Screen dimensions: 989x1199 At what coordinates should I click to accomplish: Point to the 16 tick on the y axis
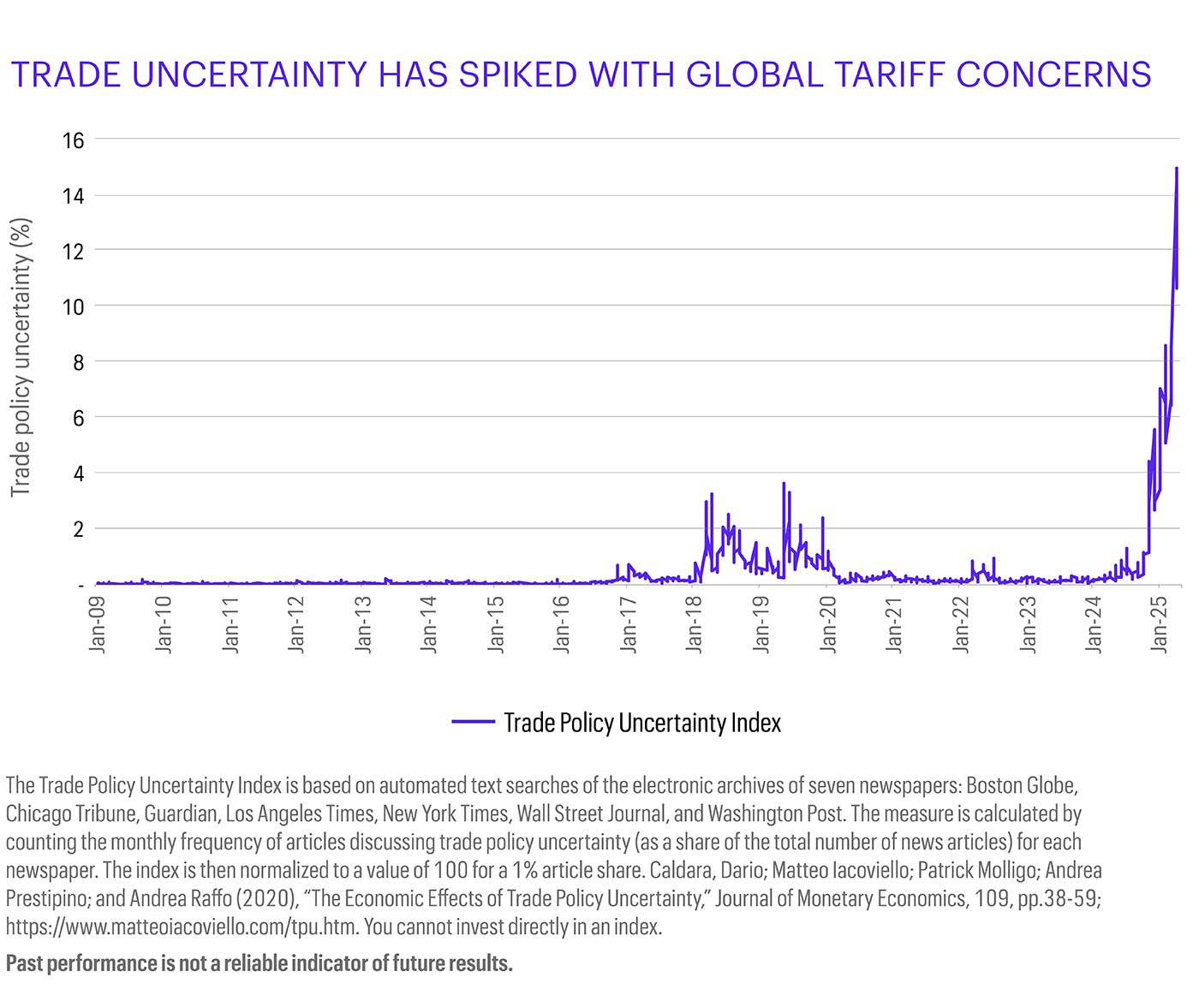click(x=74, y=140)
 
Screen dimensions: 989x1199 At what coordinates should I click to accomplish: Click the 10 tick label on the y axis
click(x=74, y=307)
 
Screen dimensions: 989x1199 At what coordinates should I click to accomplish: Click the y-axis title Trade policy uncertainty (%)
click(x=21, y=357)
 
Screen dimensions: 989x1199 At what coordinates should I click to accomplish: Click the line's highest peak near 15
click(x=1177, y=169)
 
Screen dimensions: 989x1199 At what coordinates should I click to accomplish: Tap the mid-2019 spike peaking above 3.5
click(x=783, y=485)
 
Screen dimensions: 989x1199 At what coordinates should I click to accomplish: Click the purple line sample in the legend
click(x=473, y=723)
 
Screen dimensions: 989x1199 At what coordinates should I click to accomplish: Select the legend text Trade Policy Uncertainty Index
click(x=642, y=723)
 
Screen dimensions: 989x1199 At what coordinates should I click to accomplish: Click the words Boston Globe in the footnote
click(x=1021, y=785)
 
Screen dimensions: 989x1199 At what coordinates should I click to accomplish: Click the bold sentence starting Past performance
click(x=259, y=963)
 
